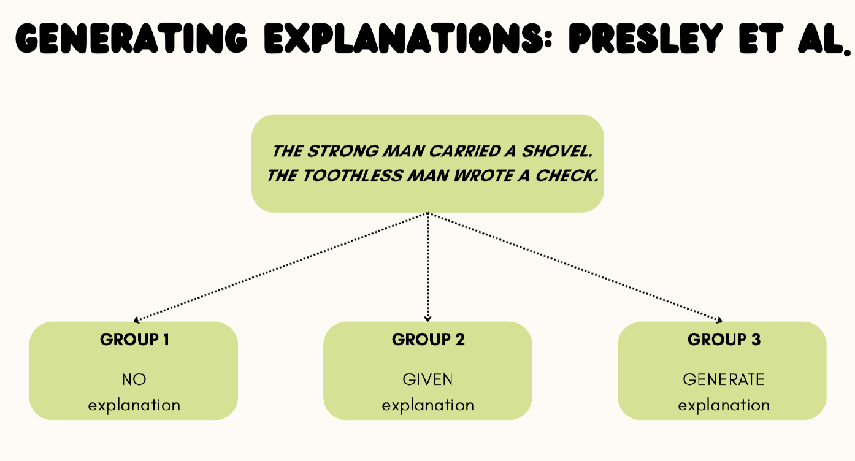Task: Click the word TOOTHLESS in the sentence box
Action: (350, 176)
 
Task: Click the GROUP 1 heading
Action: (134, 340)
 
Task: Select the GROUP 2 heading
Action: (428, 340)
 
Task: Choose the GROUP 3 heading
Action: (724, 340)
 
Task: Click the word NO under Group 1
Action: (134, 379)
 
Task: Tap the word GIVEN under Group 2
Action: (428, 379)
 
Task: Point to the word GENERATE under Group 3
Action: (724, 379)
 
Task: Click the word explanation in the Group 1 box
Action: (134, 405)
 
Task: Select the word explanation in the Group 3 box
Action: (724, 405)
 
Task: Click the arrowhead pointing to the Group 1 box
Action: (137, 319)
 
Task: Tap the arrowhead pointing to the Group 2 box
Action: (428, 318)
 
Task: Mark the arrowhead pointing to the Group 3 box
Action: (719, 319)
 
